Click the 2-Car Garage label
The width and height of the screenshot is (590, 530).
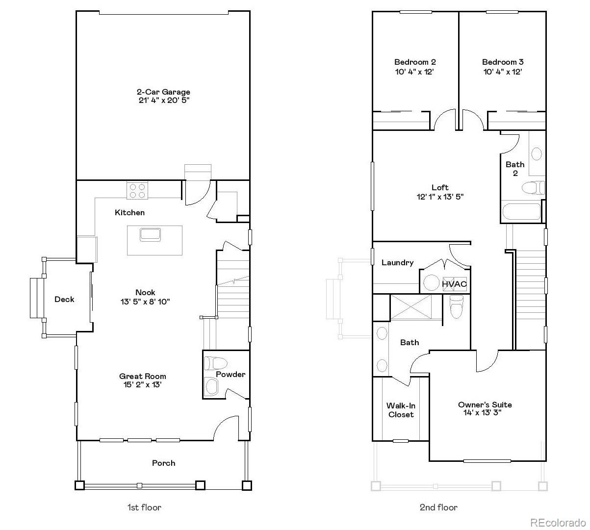(x=163, y=92)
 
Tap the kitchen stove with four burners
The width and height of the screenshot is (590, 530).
(x=138, y=190)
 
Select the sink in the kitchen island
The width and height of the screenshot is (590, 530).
(x=150, y=234)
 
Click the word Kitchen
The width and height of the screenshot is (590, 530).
(x=129, y=212)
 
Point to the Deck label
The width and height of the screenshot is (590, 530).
(x=64, y=299)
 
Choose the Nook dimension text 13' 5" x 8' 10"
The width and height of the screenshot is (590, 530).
(x=145, y=302)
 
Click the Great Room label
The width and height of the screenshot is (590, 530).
(x=143, y=376)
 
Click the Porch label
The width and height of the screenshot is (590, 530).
(x=163, y=463)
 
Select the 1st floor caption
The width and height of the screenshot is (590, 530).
(x=144, y=507)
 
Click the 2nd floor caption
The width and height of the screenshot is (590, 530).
(x=438, y=507)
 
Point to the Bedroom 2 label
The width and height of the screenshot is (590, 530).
(x=415, y=62)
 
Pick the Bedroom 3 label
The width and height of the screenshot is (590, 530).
(x=503, y=62)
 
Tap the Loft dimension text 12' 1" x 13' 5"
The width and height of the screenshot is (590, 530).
(x=440, y=197)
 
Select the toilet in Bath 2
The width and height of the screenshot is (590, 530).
(x=533, y=187)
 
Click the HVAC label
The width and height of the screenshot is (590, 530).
(x=454, y=284)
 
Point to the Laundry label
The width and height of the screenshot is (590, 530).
(x=397, y=262)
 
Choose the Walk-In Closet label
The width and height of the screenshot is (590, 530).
(x=401, y=410)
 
